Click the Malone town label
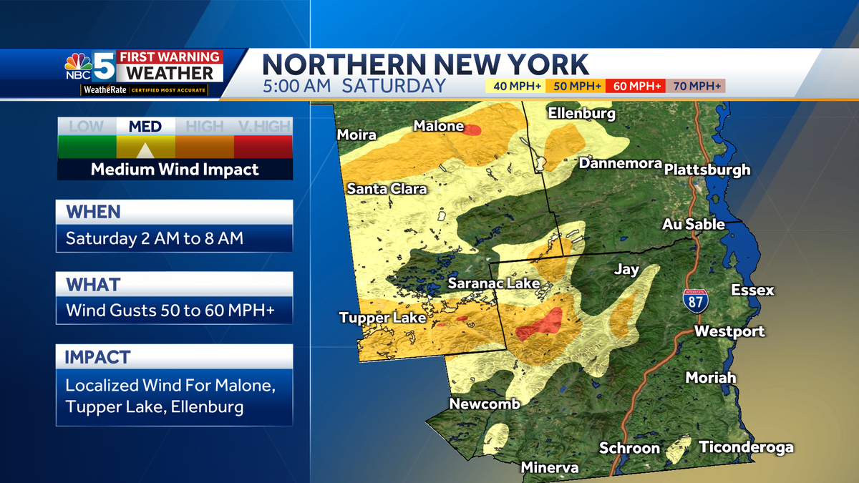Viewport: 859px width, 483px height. point(439,126)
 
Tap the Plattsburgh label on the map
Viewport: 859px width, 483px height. point(707,170)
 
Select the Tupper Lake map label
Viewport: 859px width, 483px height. point(382,318)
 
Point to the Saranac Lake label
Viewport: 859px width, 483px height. point(494,283)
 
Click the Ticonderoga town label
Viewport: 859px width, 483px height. point(746,447)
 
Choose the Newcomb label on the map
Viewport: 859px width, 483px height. point(484,404)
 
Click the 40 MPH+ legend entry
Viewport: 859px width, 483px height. point(515,87)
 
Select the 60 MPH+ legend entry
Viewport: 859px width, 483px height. point(635,87)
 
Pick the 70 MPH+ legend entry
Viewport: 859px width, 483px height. point(695,87)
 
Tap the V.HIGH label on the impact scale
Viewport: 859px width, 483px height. point(263,127)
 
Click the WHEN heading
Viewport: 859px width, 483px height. point(94,212)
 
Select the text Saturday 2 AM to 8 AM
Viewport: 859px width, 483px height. point(155,238)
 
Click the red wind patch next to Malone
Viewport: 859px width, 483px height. point(472,130)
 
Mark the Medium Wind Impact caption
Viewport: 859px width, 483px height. point(175,170)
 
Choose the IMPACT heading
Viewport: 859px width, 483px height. point(98,356)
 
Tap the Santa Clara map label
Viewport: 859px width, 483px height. point(387,189)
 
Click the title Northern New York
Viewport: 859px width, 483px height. point(425,64)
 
